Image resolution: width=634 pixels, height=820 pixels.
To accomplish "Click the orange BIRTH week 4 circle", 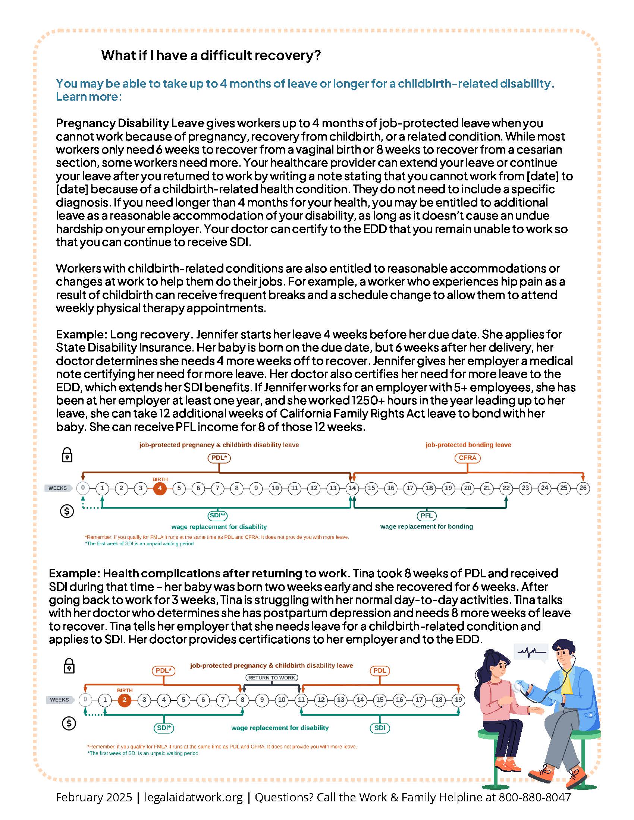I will coord(160,488).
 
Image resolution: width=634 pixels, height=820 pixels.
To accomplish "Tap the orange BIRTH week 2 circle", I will coord(125,700).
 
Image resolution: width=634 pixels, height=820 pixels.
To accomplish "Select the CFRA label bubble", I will coord(467,458).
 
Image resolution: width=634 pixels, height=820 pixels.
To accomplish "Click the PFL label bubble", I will coord(426,515).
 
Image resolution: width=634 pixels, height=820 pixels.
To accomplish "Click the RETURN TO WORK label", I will coord(272,678).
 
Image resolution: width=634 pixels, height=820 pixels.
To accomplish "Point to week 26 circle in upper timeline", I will coord(583,488).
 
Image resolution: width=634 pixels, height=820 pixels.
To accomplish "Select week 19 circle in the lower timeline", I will coord(458,700).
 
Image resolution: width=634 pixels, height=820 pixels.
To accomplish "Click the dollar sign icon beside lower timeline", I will coord(69,723).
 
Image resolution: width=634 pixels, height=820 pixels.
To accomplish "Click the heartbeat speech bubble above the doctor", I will coord(531,653).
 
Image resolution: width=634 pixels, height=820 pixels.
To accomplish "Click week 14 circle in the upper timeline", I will coord(352,488).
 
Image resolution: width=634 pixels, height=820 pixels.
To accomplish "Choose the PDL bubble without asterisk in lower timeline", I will coord(380,671).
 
